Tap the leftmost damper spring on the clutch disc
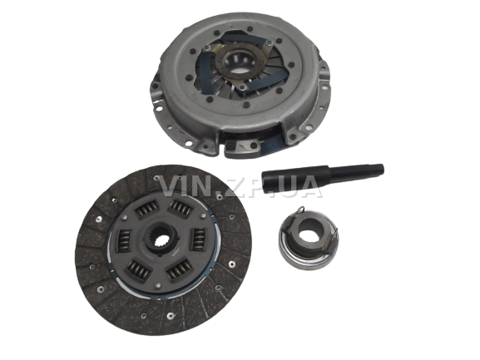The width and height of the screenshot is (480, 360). click(124, 241)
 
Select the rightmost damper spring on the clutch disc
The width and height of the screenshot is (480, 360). click(200, 239)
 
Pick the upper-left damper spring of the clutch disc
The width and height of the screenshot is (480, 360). click(146, 209)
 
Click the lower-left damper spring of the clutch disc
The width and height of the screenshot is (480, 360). click(139, 270)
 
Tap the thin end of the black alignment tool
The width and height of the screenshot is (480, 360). click(380, 169)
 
